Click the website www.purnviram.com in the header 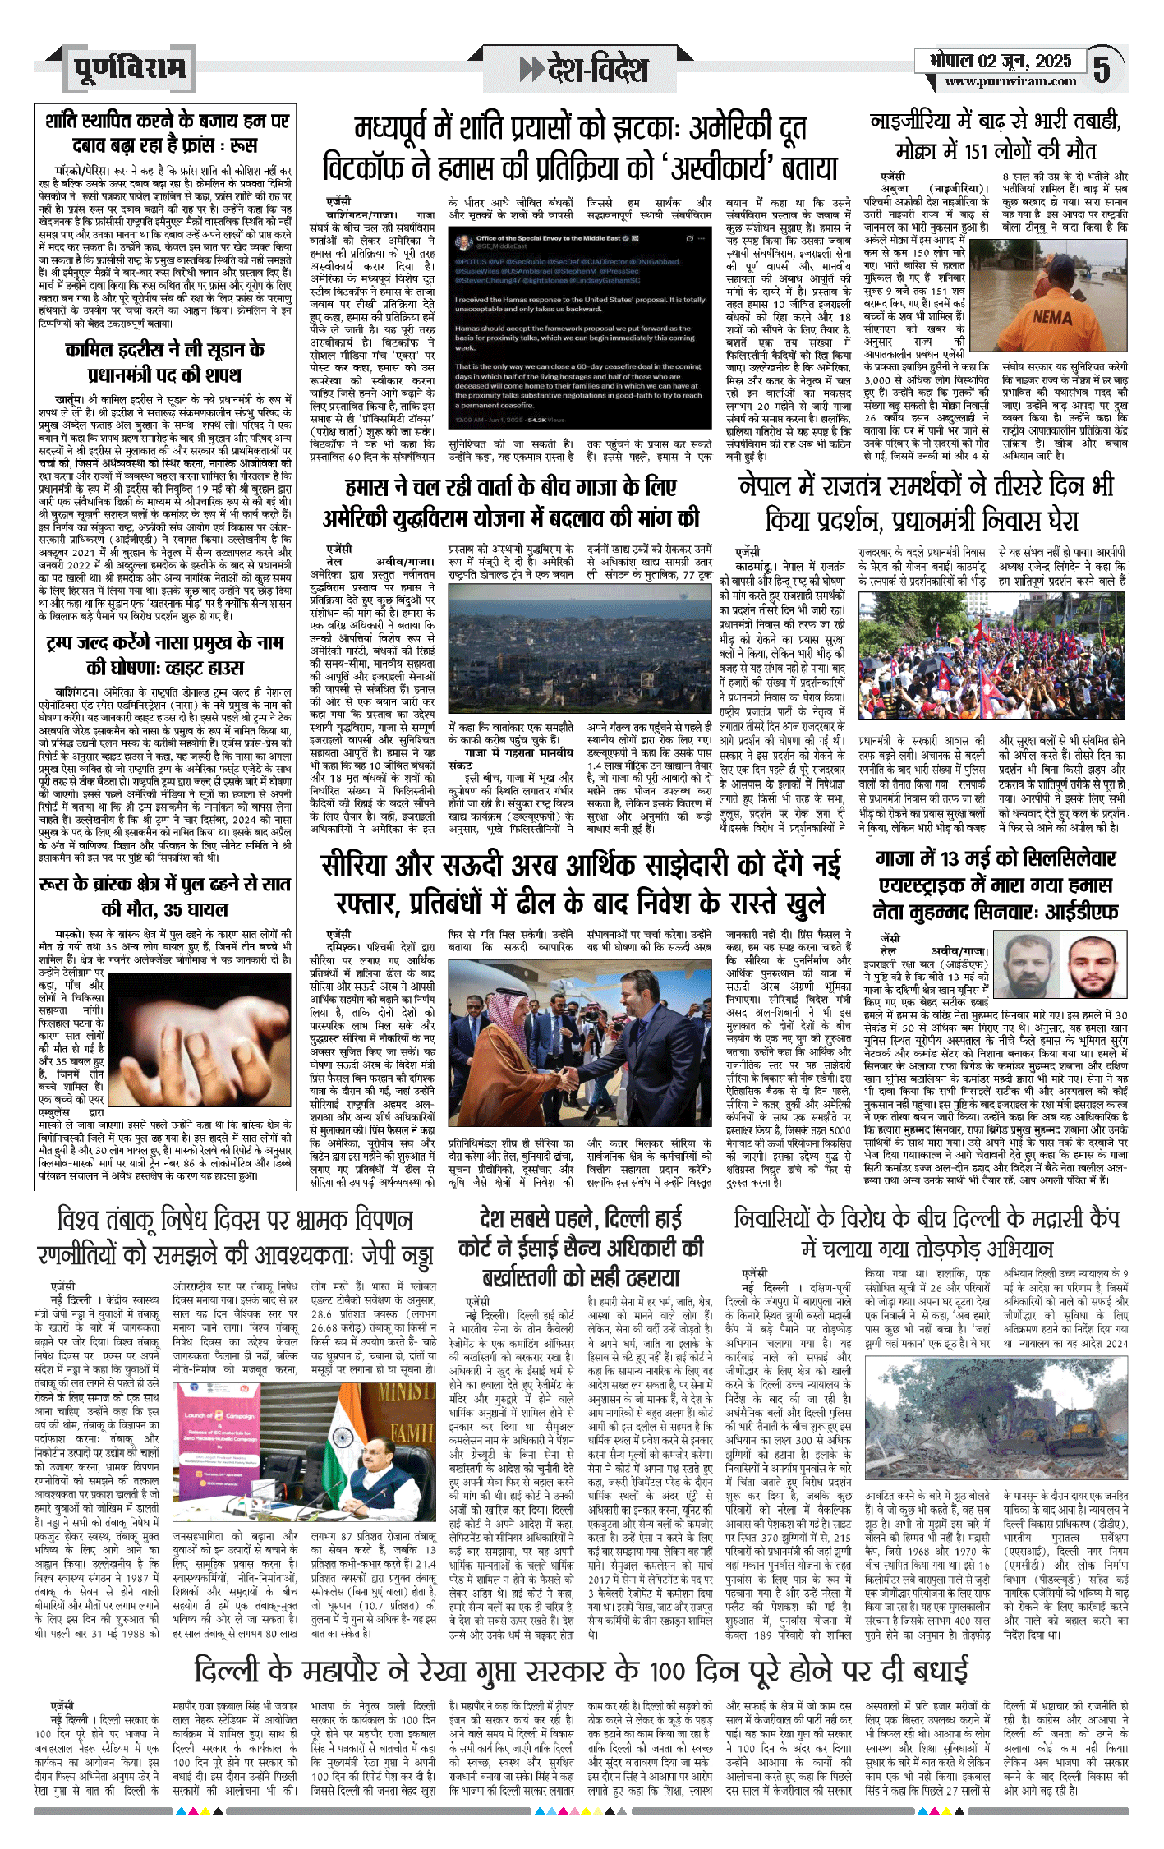1010,81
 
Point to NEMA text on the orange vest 1051,316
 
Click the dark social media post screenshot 580,328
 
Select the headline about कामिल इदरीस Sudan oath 164,362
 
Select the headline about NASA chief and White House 164,655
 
